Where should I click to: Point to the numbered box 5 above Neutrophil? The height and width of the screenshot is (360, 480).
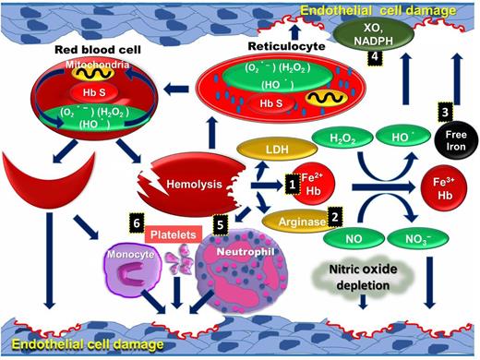pos(220,223)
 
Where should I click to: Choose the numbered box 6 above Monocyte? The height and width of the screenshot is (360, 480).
pos(137,223)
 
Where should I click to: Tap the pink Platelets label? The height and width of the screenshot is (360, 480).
pos(173,236)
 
